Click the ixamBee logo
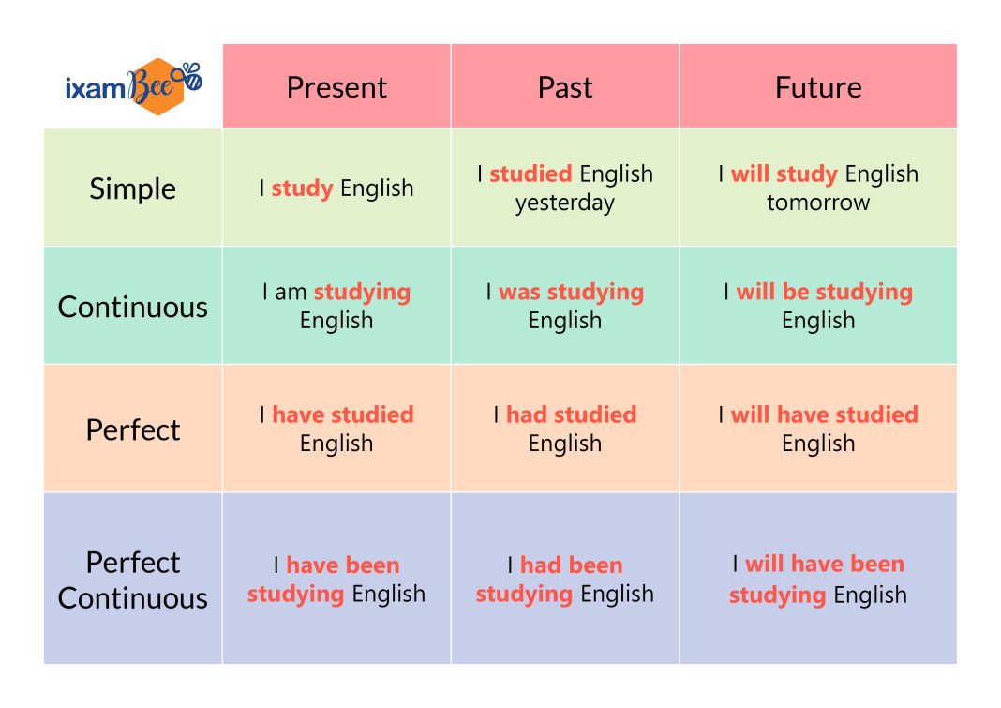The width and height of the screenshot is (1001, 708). (134, 86)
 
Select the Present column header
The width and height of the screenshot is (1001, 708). (336, 87)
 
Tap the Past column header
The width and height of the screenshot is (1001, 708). (565, 87)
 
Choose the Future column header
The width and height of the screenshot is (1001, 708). (818, 87)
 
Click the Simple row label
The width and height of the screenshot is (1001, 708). (133, 188)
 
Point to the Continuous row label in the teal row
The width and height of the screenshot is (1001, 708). (133, 307)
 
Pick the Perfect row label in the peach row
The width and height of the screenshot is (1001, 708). (133, 430)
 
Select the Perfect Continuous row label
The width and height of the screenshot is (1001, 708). (133, 580)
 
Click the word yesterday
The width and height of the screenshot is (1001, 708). (565, 203)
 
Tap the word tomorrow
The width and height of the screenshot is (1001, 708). (818, 203)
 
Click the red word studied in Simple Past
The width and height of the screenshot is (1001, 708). (530, 173)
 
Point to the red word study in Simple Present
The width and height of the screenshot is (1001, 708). (302, 189)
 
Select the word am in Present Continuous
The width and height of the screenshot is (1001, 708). (291, 292)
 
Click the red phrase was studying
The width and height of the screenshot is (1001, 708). (572, 293)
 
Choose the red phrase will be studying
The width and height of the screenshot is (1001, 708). (825, 293)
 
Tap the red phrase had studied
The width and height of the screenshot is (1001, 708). (572, 414)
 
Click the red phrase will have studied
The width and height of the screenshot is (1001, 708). (825, 414)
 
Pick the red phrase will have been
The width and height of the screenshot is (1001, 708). (825, 564)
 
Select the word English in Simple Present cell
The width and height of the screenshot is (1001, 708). (377, 189)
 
